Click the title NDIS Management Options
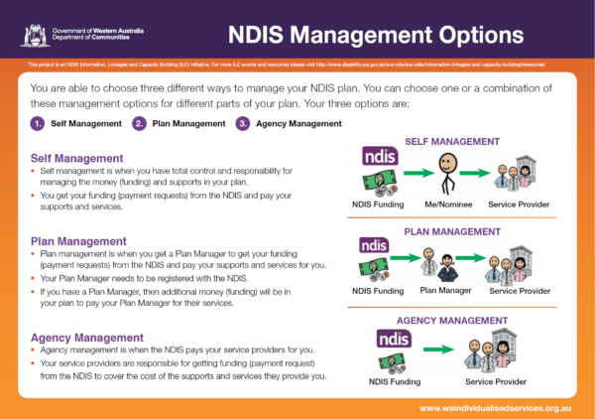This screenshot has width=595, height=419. [x=375, y=37]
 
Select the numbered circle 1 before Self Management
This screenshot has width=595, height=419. [x=37, y=124]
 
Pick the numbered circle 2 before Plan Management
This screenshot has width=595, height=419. [x=140, y=124]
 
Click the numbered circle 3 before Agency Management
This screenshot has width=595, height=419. [x=243, y=124]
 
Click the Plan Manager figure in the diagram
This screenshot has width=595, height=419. [x=445, y=266]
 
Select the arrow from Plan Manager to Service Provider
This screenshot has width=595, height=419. [x=475, y=268]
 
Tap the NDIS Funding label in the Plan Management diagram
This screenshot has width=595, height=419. [x=378, y=291]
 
